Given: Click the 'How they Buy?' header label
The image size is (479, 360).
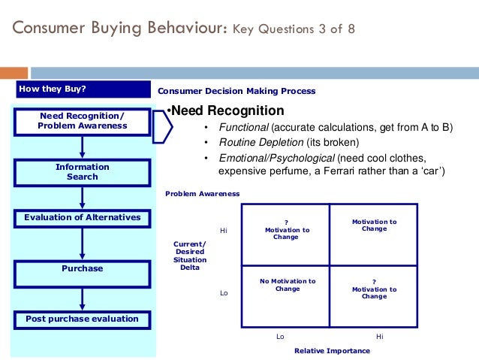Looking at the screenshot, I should pyautogui.click(x=53, y=90).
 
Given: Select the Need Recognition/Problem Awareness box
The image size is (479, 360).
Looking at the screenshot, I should pyautogui.click(x=83, y=120).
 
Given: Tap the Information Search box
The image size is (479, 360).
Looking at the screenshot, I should pyautogui.click(x=83, y=171).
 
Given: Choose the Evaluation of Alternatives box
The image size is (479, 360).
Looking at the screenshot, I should pyautogui.click(x=83, y=218).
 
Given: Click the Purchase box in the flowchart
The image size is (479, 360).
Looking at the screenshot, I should pyautogui.click(x=83, y=268).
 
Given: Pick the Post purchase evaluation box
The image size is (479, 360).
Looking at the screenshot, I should pyautogui.click(x=83, y=319).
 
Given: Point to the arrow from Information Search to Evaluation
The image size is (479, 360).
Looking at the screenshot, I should pyautogui.click(x=83, y=198).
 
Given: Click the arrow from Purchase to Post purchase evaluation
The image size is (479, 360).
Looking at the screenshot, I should pyautogui.click(x=83, y=297).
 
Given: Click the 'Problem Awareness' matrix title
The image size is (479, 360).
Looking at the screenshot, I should pyautogui.click(x=202, y=194).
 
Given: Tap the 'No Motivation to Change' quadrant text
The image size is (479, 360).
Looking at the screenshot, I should pyautogui.click(x=288, y=285).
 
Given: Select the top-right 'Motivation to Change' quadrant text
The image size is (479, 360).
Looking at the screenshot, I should pyautogui.click(x=374, y=225).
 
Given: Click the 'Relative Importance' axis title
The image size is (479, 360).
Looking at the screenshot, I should pyautogui.click(x=332, y=351).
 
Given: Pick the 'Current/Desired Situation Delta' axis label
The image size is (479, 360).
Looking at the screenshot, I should pyautogui.click(x=190, y=256).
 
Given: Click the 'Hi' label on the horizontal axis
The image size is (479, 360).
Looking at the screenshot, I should pyautogui.click(x=379, y=337).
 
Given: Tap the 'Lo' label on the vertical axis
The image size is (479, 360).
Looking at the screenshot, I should pyautogui.click(x=223, y=292).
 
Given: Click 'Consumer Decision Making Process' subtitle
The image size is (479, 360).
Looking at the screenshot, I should pyautogui.click(x=236, y=91).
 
